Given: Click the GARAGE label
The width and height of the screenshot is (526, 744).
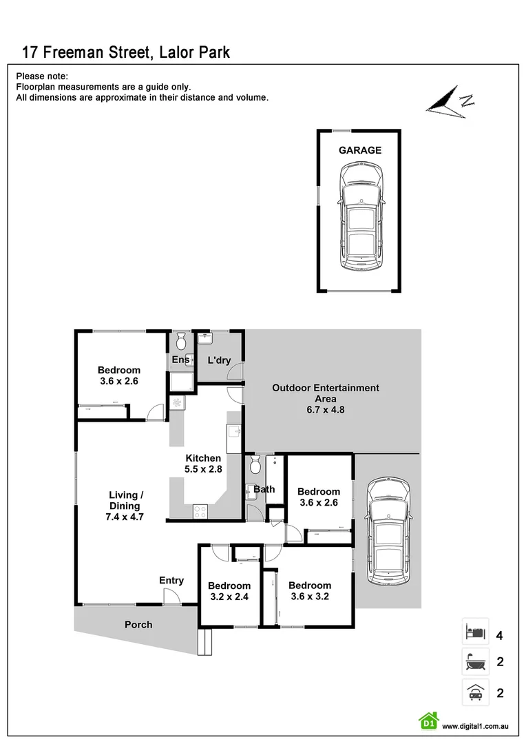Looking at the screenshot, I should pyautogui.click(x=359, y=150).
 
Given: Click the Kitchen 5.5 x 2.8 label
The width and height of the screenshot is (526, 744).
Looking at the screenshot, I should pyautogui.click(x=203, y=464).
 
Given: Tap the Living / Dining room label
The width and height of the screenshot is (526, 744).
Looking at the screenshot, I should pyautogui.click(x=126, y=506).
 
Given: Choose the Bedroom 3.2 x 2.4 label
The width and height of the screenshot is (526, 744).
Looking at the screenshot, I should pyautogui.click(x=229, y=591).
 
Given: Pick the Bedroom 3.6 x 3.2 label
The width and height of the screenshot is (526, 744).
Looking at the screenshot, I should pyautogui.click(x=310, y=591).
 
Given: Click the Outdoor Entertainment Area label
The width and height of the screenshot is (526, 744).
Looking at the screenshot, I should pyautogui.click(x=326, y=398).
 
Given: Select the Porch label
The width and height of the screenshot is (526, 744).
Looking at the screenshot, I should pyautogui.click(x=138, y=625).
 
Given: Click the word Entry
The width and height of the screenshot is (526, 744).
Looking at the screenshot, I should pyautogui.click(x=171, y=581).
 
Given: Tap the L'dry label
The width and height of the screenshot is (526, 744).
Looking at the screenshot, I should pyautogui.click(x=219, y=360).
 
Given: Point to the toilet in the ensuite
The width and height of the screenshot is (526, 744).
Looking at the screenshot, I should pyautogui.click(x=182, y=341).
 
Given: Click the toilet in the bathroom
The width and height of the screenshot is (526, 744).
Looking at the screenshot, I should pyautogui.click(x=255, y=466).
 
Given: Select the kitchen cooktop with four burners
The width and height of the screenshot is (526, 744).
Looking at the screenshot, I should pyautogui.click(x=200, y=511).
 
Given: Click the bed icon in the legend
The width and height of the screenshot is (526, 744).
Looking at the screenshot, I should pyautogui.click(x=475, y=631).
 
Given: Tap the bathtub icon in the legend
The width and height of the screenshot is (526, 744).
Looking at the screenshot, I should pyautogui.click(x=475, y=662).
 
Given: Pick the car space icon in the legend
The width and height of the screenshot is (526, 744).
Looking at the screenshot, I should pyautogui.click(x=475, y=692).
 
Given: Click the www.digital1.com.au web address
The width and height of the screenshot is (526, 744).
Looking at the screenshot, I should pyautogui.click(x=475, y=726).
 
